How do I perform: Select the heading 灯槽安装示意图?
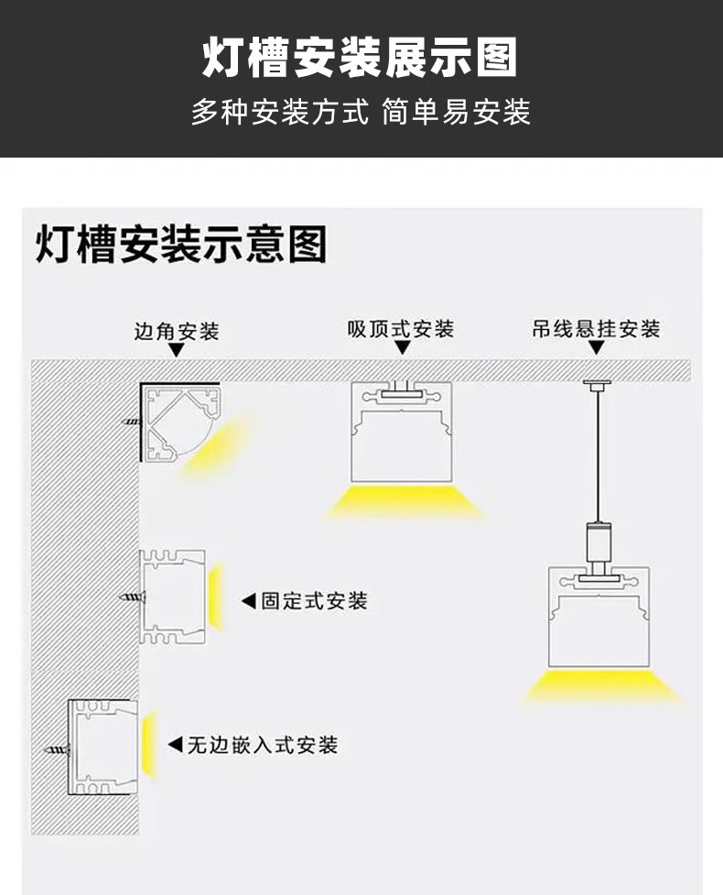tap(181, 246)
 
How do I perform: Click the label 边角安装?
tap(177, 331)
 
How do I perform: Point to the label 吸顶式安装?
tap(401, 329)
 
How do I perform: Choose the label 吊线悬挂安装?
tap(596, 329)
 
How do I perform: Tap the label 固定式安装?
tap(314, 601)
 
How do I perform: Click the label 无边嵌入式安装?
tap(263, 745)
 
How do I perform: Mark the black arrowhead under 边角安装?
tap(177, 350)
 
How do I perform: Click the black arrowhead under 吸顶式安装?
tap(402, 348)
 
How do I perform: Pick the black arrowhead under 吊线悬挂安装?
tap(597, 349)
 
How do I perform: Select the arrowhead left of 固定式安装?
tap(248, 601)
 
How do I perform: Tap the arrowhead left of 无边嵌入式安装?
tap(174, 745)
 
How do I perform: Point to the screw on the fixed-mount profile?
tap(132, 599)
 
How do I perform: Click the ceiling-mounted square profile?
tap(401, 431)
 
